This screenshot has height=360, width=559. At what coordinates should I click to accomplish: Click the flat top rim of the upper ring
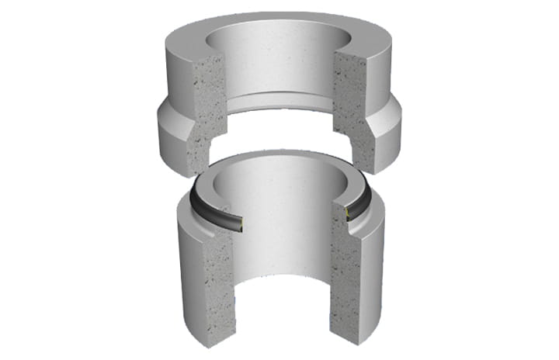[x=279, y=23]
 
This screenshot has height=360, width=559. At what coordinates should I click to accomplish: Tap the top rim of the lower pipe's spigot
[x=279, y=157]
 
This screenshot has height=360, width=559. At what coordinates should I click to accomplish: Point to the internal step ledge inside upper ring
[x=279, y=99]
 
